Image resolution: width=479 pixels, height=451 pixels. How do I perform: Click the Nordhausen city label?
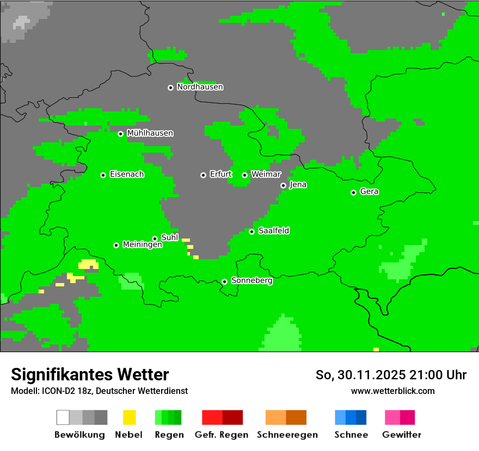click(200, 87)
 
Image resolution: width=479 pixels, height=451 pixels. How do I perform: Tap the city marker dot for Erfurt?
click(203, 175)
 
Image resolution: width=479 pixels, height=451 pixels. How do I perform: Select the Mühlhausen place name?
click(150, 133)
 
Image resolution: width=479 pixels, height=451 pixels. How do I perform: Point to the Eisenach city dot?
click(103, 175)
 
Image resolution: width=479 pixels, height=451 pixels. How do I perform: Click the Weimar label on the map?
click(266, 174)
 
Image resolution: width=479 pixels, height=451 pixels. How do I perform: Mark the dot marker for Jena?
click(283, 185)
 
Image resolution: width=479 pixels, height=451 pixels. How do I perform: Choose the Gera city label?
click(369, 192)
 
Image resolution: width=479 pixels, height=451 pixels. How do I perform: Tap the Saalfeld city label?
click(273, 231)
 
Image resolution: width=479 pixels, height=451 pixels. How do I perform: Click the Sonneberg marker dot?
click(224, 281)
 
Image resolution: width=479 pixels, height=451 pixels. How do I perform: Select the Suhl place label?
click(170, 237)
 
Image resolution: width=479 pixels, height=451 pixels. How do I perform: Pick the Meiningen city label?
click(142, 245)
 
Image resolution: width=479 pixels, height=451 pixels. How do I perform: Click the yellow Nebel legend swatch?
click(129, 417)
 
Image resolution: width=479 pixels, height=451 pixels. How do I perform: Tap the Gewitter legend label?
click(402, 435)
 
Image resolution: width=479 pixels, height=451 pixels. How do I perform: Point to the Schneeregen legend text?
click(287, 435)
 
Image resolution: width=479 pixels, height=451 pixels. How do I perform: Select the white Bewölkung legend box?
click(63, 417)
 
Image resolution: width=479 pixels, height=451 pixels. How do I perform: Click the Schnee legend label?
click(351, 435)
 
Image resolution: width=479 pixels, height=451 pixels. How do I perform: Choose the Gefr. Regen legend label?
click(222, 435)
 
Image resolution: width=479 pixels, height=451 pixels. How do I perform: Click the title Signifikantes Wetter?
click(90, 374)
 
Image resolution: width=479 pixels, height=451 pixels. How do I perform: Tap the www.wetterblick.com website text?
click(392, 391)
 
